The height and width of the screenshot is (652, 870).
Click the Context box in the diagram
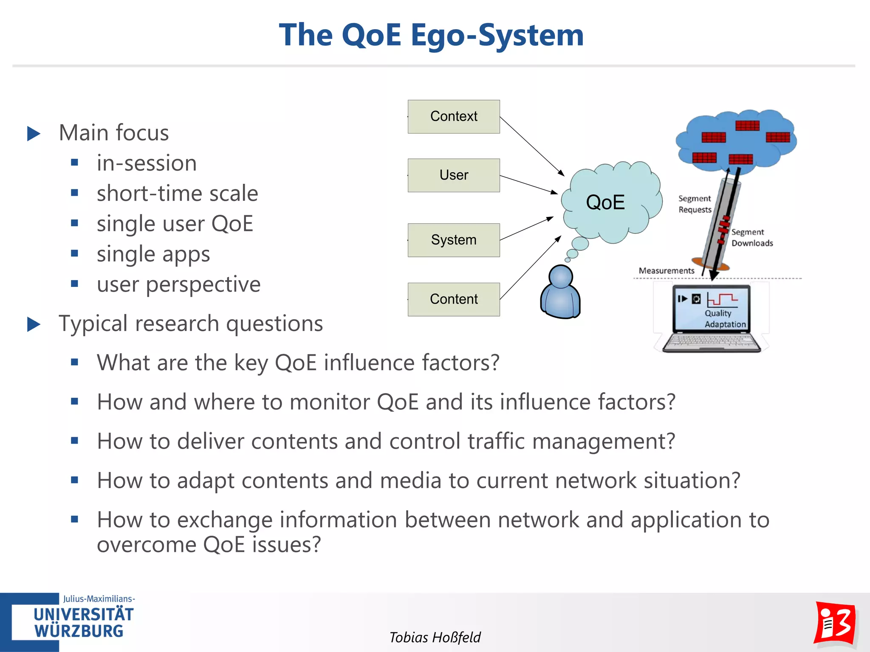click(454, 116)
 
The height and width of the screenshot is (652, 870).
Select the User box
click(454, 175)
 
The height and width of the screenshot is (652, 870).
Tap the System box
click(454, 240)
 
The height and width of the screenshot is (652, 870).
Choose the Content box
click(454, 299)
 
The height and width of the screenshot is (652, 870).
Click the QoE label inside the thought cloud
click(605, 202)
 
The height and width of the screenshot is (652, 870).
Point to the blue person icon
click(560, 293)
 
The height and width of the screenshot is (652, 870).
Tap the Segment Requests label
click(695, 204)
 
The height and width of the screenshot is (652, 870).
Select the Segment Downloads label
click(751, 238)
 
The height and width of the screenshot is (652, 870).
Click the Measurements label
click(666, 271)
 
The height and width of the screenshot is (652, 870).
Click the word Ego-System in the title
click(497, 35)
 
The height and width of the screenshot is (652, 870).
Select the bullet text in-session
click(147, 163)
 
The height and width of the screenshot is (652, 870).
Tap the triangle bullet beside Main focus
click(34, 133)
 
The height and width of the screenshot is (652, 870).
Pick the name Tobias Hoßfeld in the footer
click(435, 637)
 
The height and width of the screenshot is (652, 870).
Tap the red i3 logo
click(835, 623)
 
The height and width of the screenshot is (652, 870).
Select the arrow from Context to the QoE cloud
click(532, 146)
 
